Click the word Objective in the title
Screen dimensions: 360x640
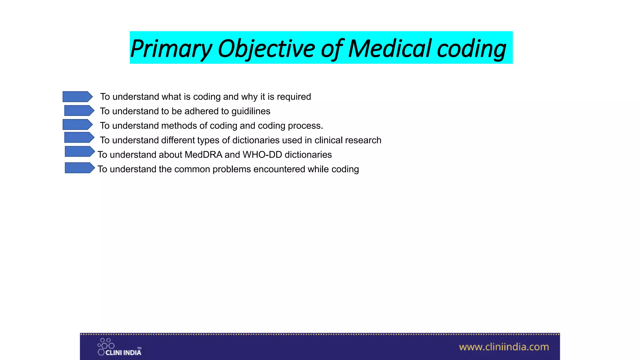(x=266, y=49)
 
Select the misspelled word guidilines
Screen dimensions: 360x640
(x=251, y=111)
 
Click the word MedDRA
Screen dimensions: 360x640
(x=203, y=155)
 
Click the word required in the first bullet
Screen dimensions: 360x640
(x=294, y=97)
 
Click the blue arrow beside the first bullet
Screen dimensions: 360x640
(x=77, y=97)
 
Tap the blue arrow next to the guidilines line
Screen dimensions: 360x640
(x=79, y=111)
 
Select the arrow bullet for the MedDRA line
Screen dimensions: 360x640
(x=79, y=152)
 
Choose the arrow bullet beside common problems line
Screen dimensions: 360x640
(x=79, y=168)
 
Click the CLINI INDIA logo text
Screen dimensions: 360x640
(x=123, y=353)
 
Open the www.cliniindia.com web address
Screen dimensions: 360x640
(x=504, y=347)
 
